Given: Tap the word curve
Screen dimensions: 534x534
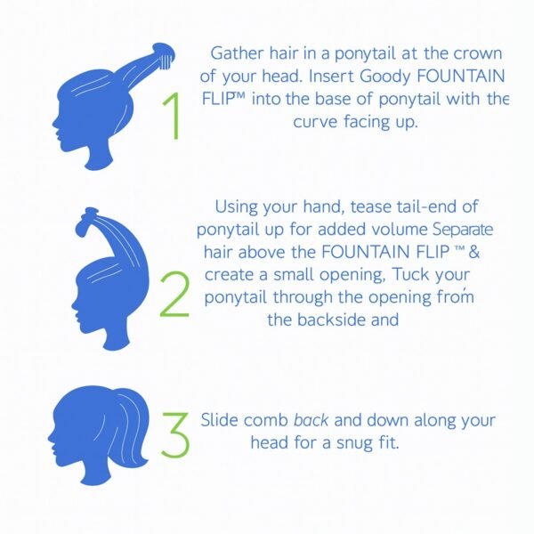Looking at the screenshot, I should pyautogui.click(x=316, y=122).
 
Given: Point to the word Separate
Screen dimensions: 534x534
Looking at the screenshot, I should pyautogui.click(x=465, y=229).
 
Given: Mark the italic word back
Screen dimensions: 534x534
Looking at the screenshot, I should pyautogui.click(x=311, y=420).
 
